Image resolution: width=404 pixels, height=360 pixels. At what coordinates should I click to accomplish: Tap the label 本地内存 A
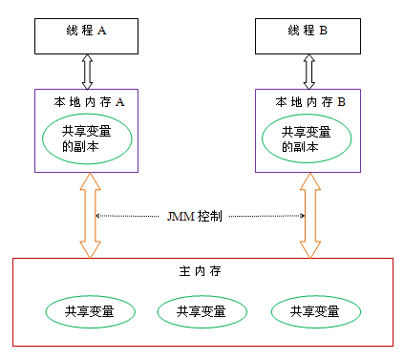(x=86, y=100)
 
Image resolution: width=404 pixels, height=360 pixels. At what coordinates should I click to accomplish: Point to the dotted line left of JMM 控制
(x=129, y=216)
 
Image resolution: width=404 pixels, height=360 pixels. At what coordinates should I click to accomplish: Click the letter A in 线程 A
(x=102, y=31)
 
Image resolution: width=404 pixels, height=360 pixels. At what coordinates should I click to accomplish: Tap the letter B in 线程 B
(x=324, y=31)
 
